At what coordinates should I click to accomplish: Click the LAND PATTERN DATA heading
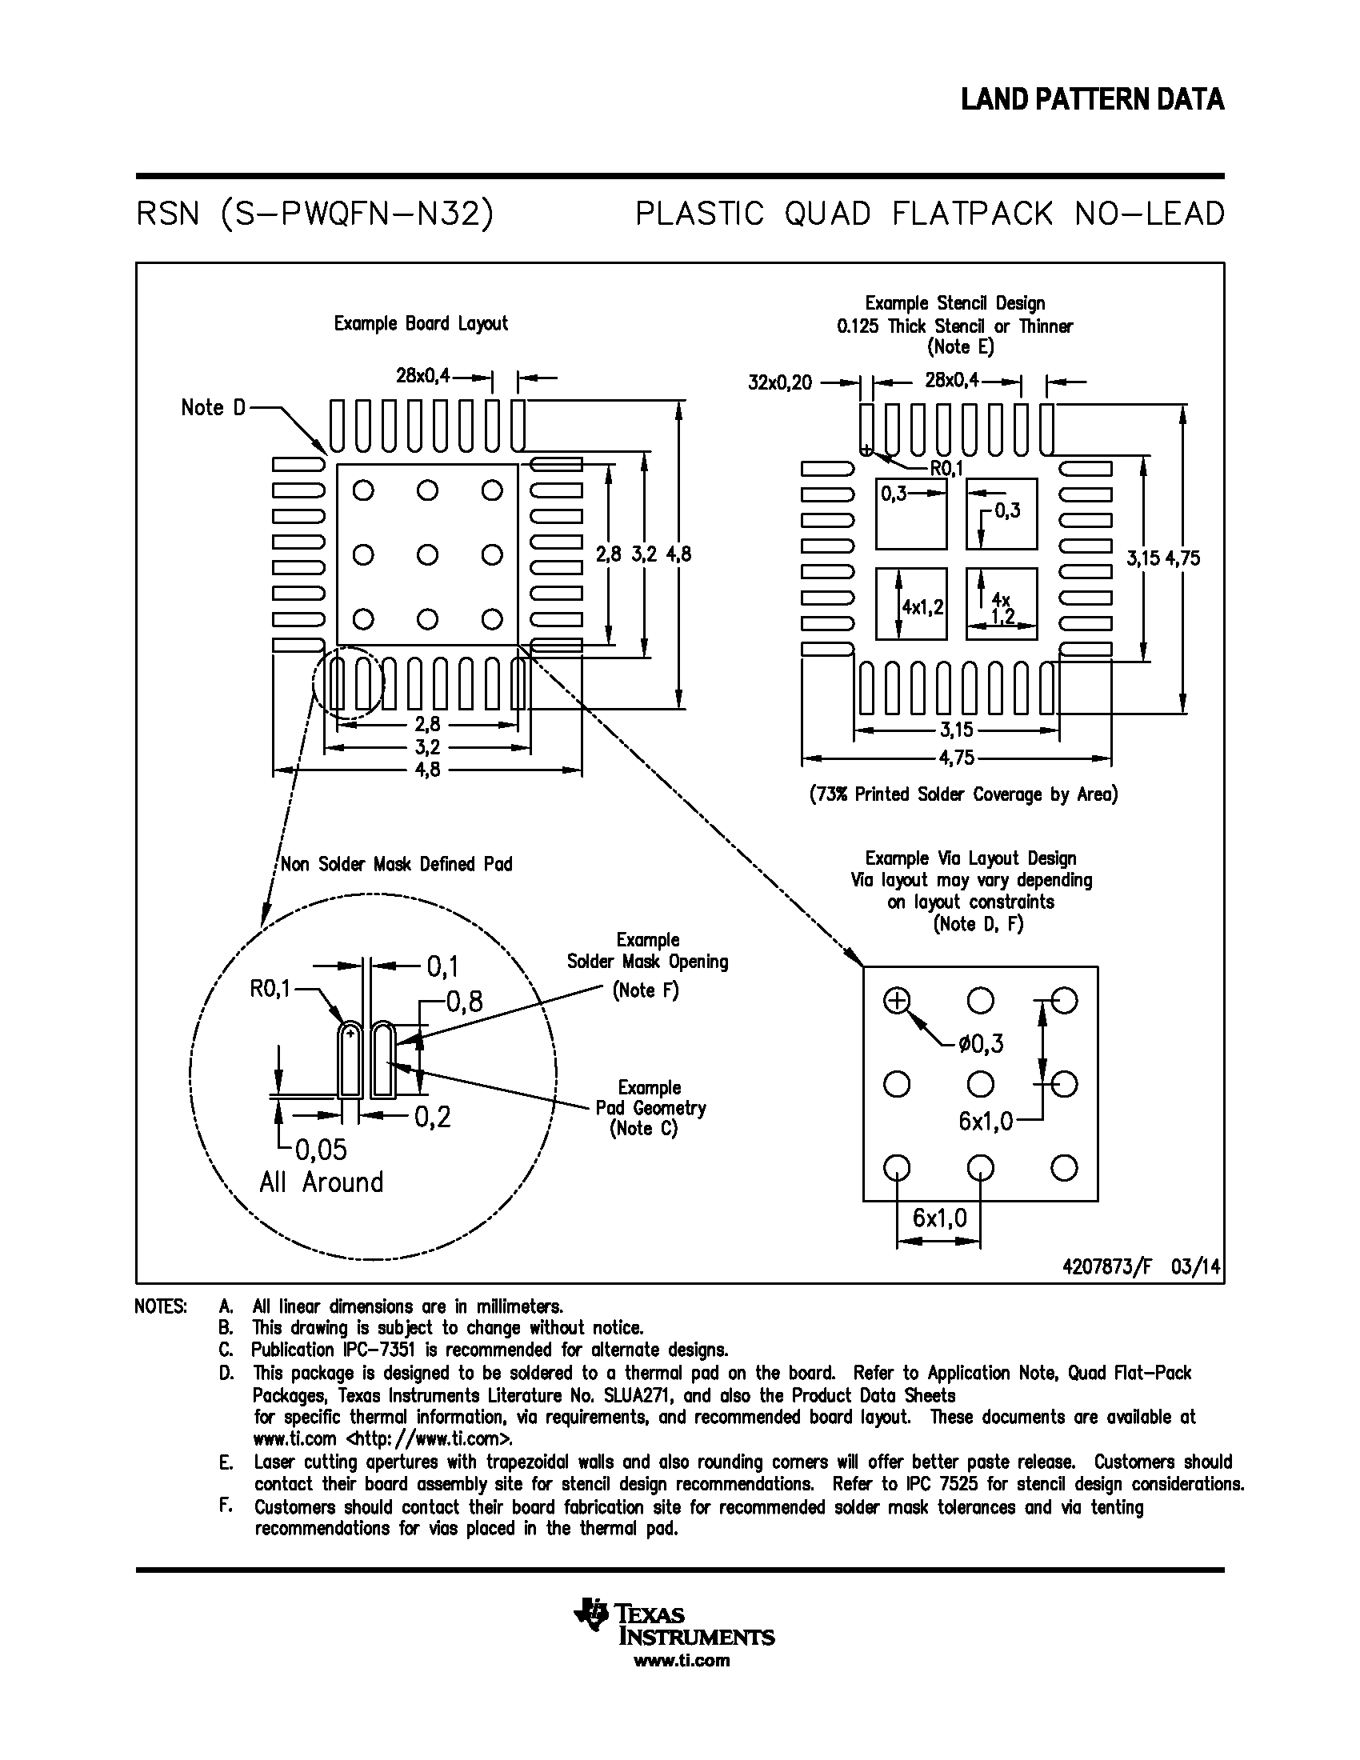tap(1092, 99)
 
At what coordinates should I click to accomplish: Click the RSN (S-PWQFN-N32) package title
tap(315, 214)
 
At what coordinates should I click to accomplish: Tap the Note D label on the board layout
tap(213, 408)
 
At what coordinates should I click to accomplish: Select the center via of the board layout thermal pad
tap(428, 554)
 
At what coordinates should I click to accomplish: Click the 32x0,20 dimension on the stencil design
tap(779, 382)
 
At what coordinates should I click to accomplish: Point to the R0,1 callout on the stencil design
tap(946, 468)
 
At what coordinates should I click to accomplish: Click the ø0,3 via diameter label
tap(981, 1044)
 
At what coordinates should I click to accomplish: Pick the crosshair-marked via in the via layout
tap(896, 1001)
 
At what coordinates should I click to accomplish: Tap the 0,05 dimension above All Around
tap(320, 1149)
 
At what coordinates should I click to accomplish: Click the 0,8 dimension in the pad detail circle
tap(464, 1002)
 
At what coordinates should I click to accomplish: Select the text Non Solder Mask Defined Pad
tap(395, 865)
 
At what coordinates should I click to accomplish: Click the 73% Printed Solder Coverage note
tap(964, 794)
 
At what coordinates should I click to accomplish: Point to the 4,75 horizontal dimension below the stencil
tap(956, 758)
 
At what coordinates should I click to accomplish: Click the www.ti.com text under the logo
tap(682, 1660)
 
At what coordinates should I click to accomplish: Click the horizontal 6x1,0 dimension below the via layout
tap(939, 1218)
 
